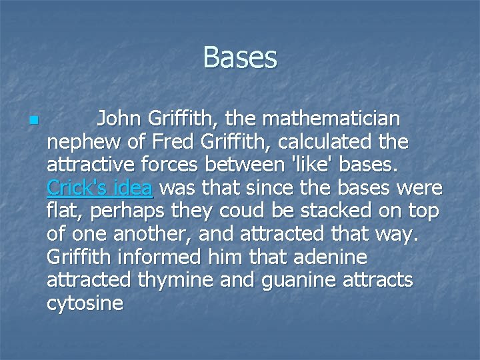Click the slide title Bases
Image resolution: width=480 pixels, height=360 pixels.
tap(239, 57)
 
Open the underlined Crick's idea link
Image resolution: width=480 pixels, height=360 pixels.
tap(100, 188)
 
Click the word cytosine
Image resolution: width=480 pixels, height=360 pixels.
tap(85, 303)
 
